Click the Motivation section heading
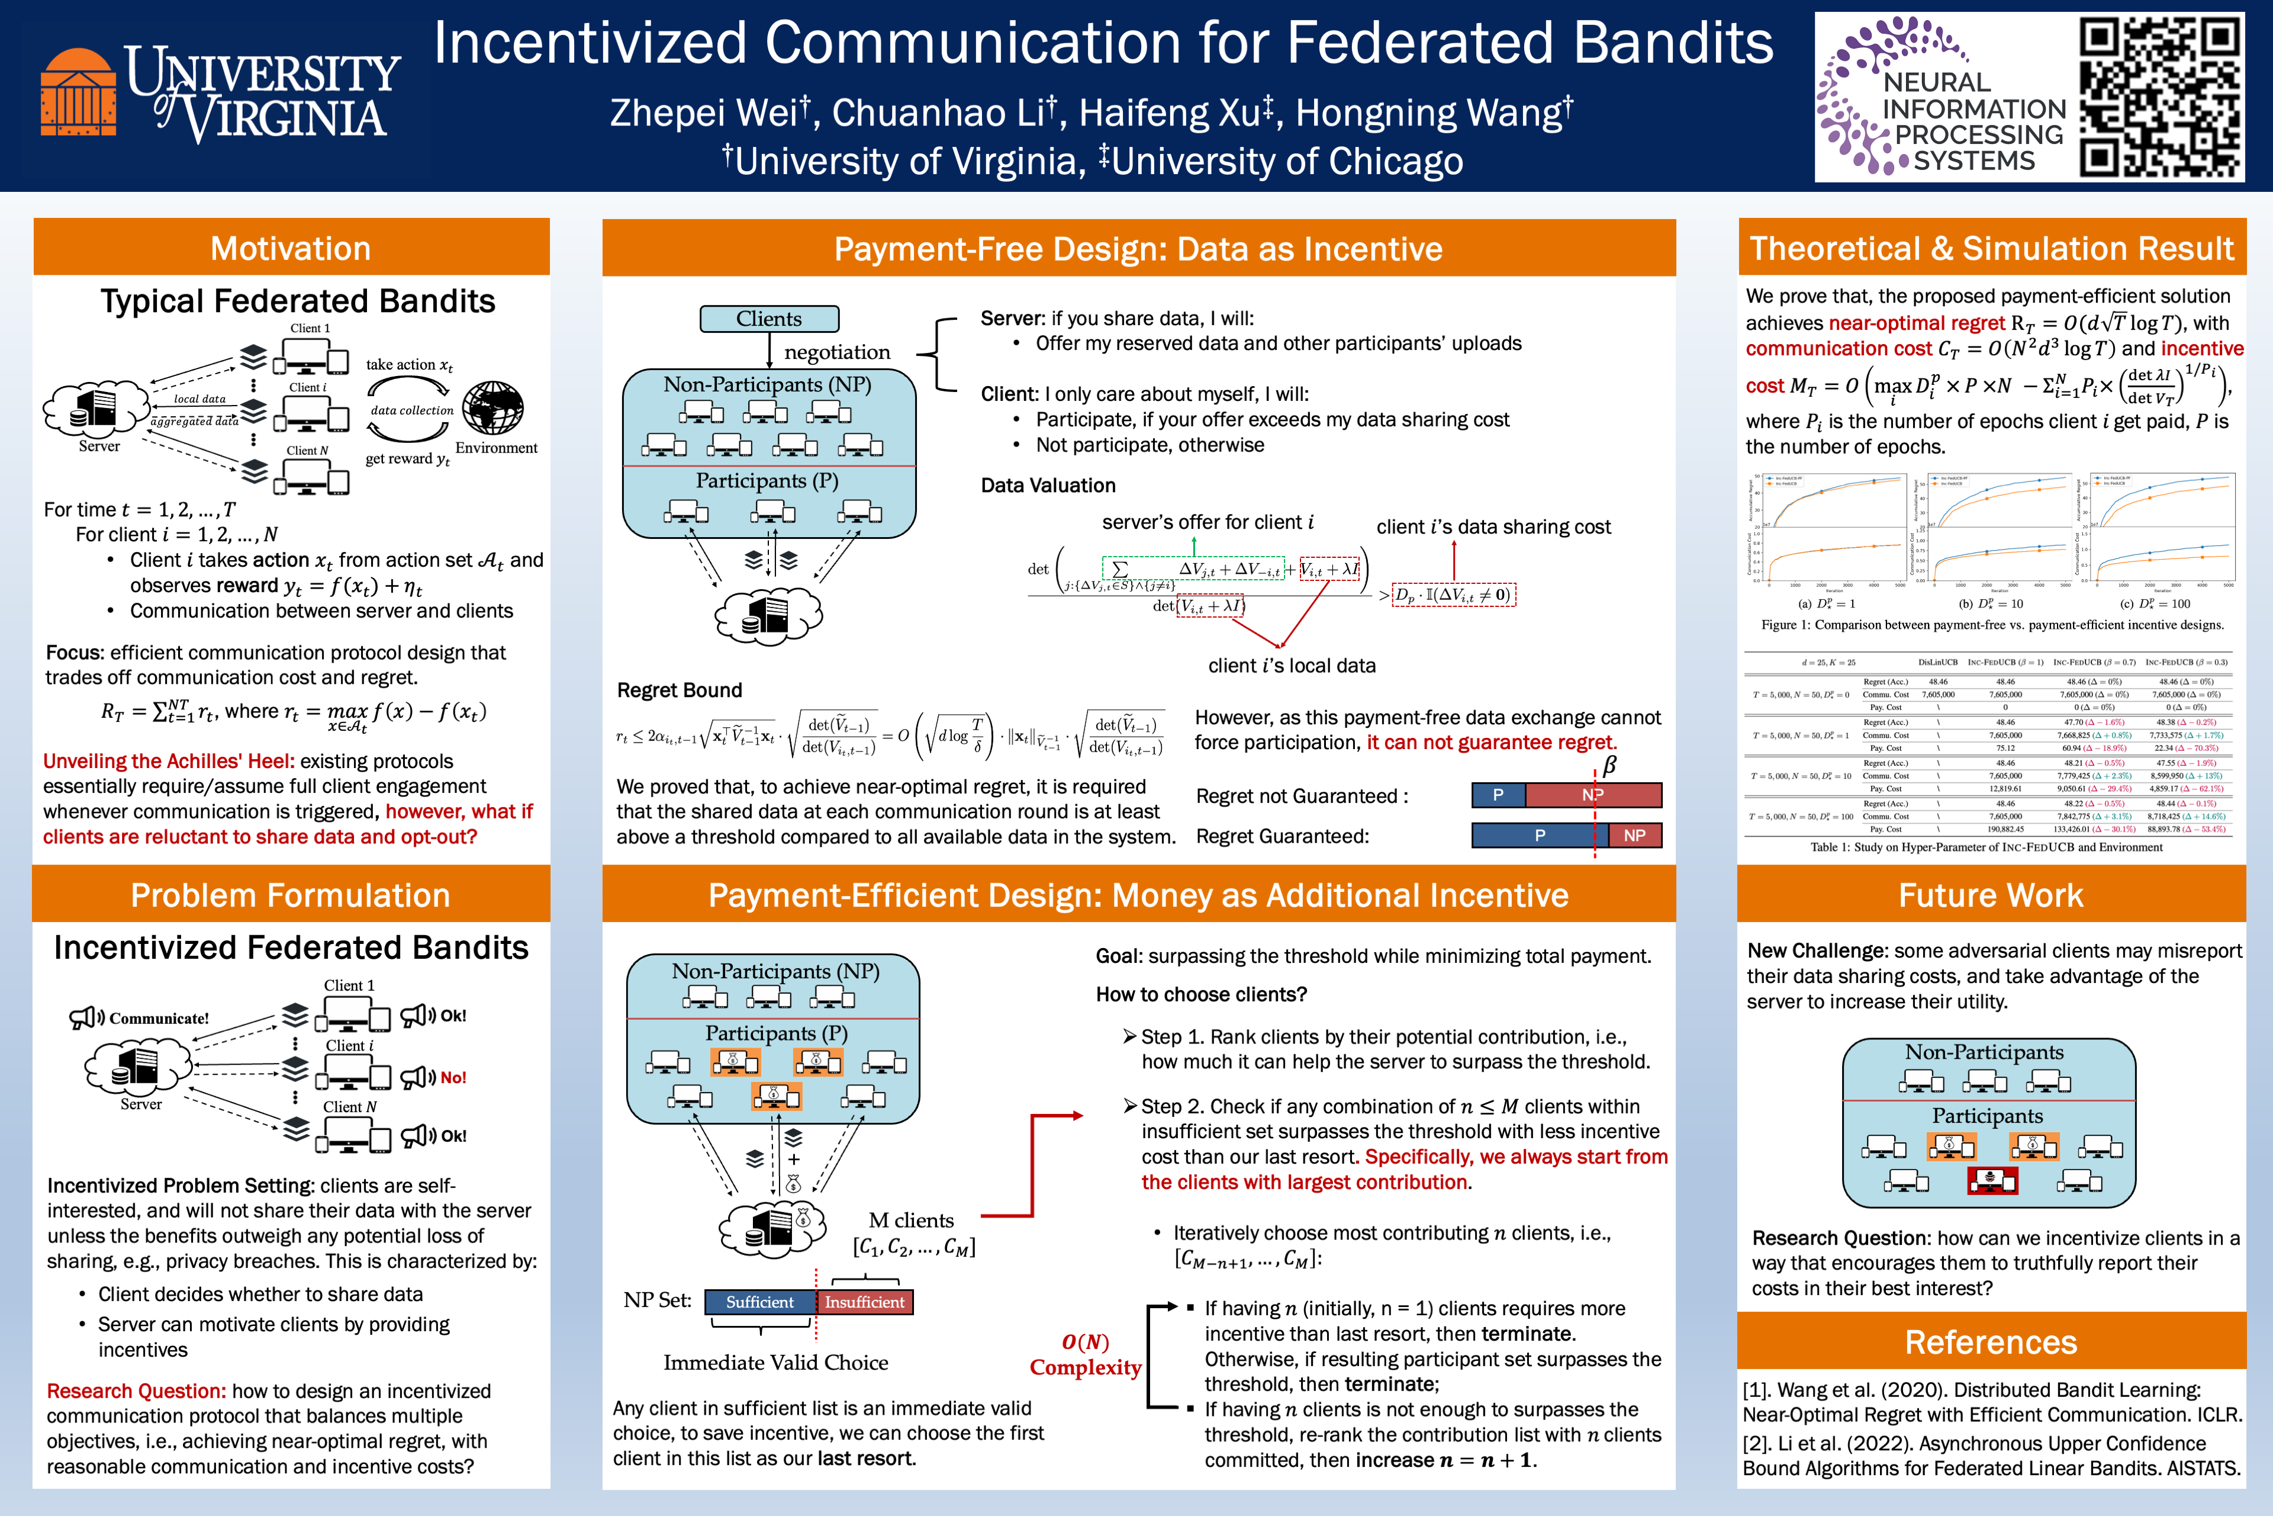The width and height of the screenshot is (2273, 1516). tap(291, 249)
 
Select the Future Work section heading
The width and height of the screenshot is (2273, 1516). tap(1991, 895)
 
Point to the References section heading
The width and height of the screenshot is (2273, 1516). tap(1991, 1342)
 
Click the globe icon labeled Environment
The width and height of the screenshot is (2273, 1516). tap(493, 408)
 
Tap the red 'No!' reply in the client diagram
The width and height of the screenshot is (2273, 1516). tap(452, 1077)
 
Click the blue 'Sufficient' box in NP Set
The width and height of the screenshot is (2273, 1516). tap(759, 1302)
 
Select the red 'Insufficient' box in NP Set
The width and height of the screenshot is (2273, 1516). tap(864, 1302)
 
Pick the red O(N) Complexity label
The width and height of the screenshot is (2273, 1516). tap(1085, 1354)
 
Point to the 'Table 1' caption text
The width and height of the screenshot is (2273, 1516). tap(1986, 847)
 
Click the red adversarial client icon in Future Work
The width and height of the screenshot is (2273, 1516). tap(1992, 1180)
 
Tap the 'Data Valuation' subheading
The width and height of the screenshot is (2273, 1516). tap(1048, 486)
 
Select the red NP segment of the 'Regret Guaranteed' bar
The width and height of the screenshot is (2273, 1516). tap(1634, 836)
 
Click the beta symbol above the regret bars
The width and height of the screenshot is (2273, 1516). tap(1609, 766)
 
